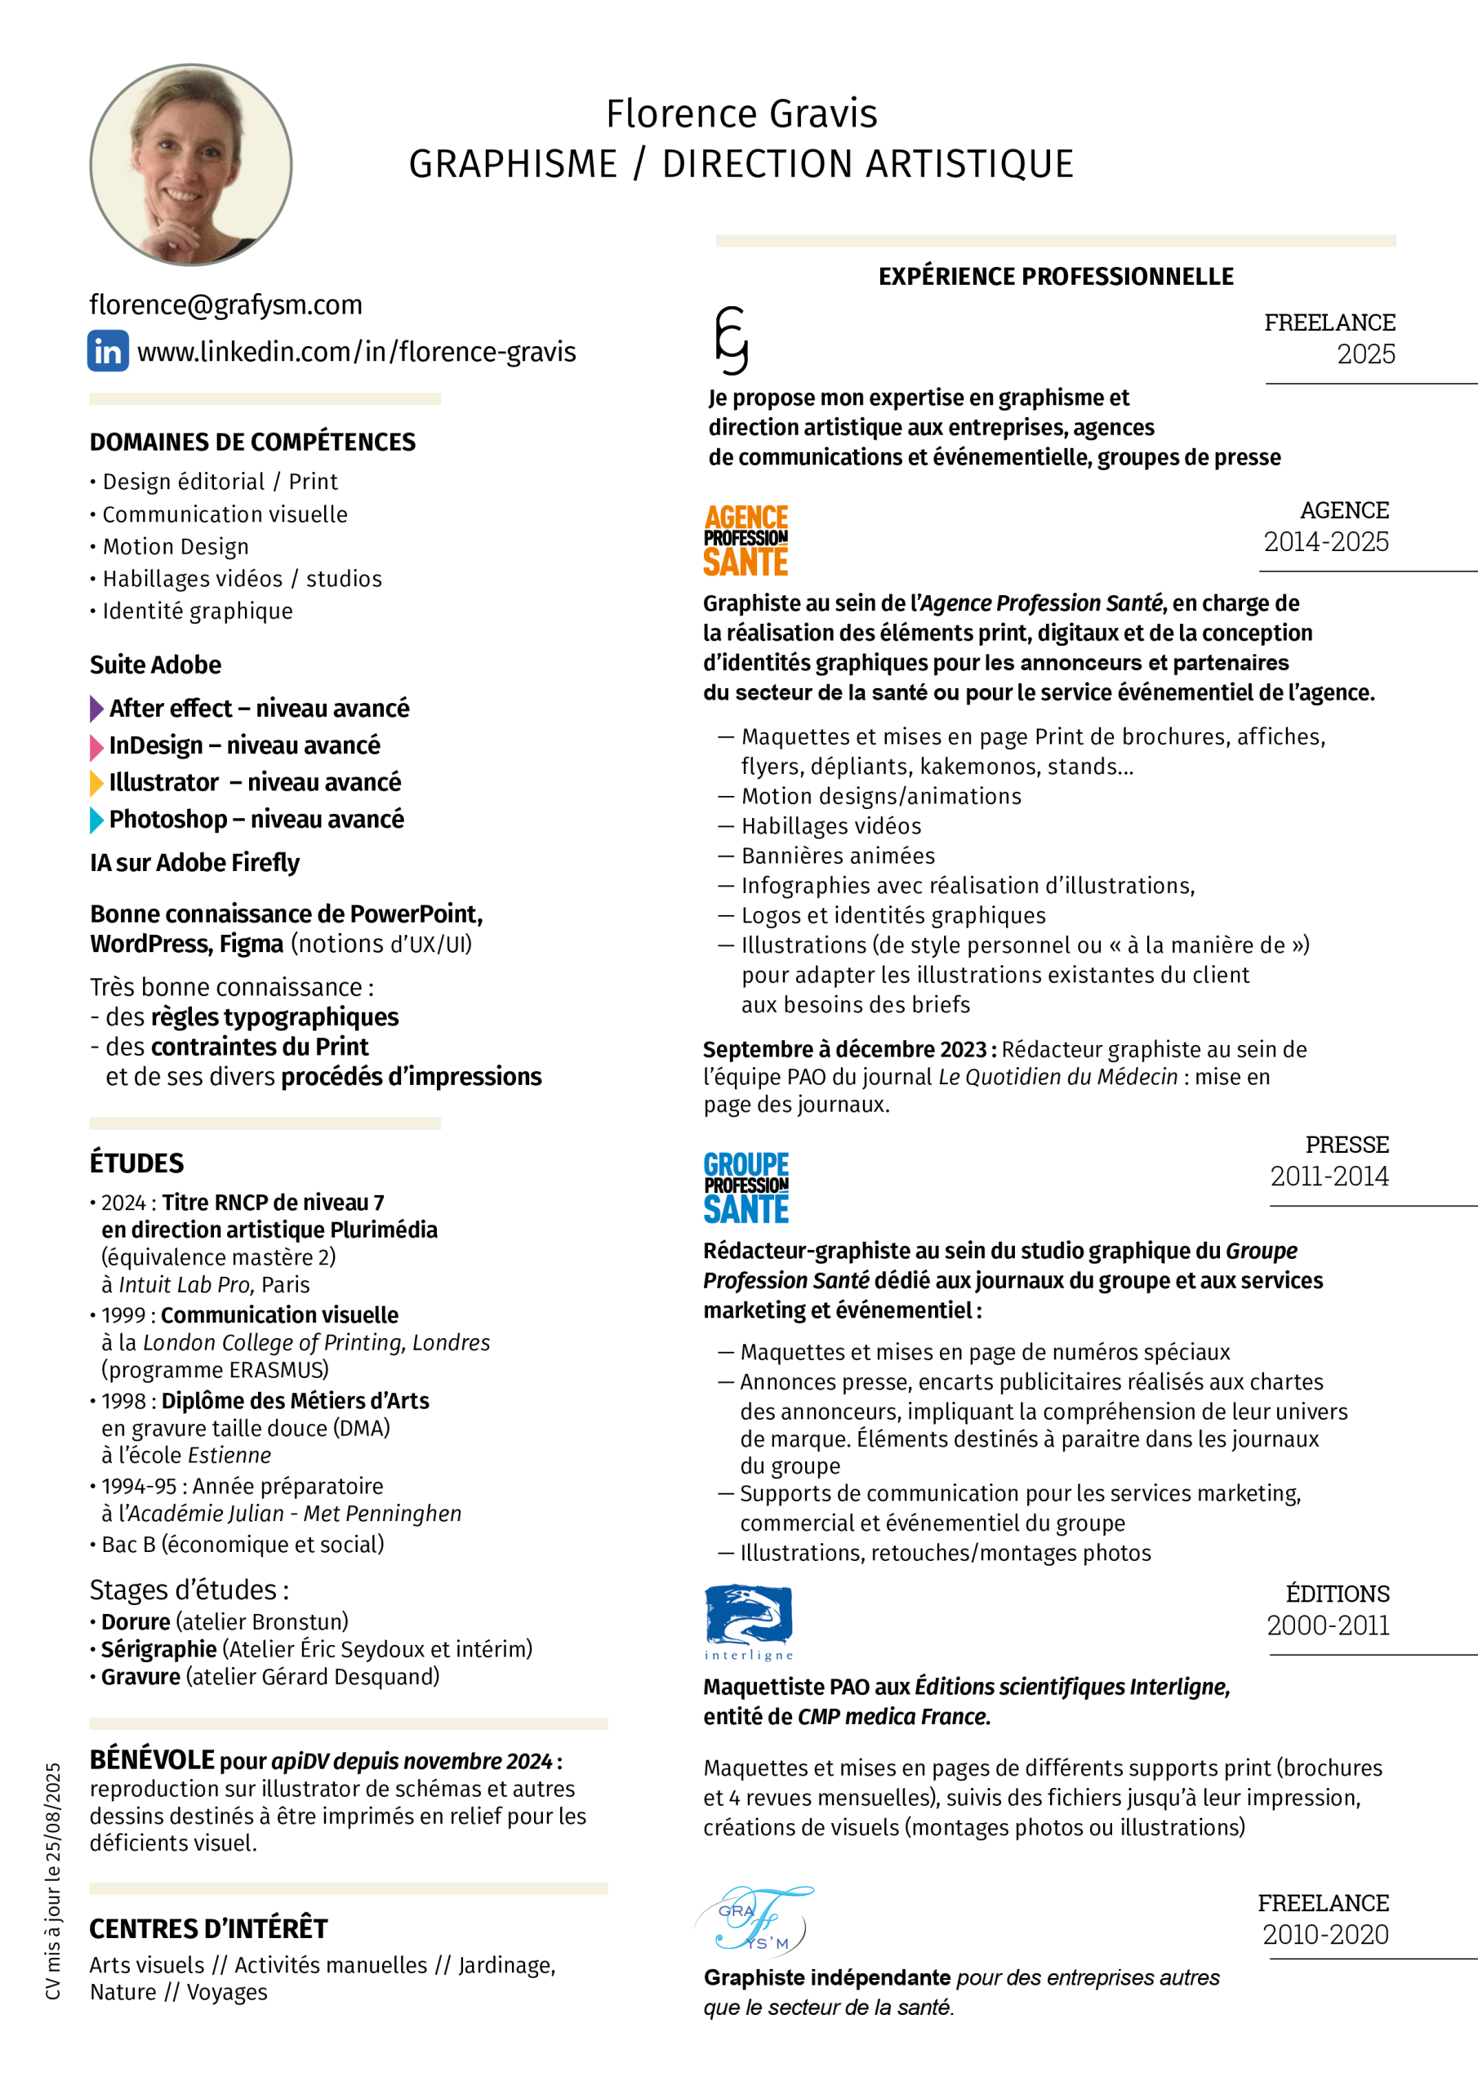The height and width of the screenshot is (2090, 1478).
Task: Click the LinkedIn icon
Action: pyautogui.click(x=108, y=351)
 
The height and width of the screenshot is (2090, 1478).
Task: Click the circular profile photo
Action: pyautogui.click(x=190, y=165)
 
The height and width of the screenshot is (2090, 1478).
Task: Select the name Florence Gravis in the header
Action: pyautogui.click(x=741, y=113)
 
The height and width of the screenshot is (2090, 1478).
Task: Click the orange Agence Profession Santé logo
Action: pyautogui.click(x=746, y=540)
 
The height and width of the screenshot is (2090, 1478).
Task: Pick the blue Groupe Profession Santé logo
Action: pyautogui.click(x=746, y=1187)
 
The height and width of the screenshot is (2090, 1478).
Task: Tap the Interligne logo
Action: pyautogui.click(x=749, y=1623)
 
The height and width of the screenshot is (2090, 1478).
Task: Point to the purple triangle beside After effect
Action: pyautogui.click(x=96, y=708)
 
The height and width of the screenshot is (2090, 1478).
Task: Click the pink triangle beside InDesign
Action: pyautogui.click(x=96, y=746)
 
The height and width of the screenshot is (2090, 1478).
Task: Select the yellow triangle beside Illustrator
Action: pyautogui.click(x=96, y=783)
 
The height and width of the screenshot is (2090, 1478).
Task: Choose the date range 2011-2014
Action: pyautogui.click(x=1329, y=1176)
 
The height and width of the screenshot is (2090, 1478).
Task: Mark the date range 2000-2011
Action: pyautogui.click(x=1328, y=1625)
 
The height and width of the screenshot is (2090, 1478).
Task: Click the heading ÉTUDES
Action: pyautogui.click(x=136, y=1163)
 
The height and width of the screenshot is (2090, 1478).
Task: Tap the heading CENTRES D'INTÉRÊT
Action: pyautogui.click(x=208, y=1929)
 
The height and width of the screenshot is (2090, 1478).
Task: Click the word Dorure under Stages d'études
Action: pyautogui.click(x=136, y=1622)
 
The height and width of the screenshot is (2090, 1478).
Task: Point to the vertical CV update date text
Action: pyautogui.click(x=53, y=1882)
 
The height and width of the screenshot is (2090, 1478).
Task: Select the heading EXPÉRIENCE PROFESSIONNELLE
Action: pyautogui.click(x=1056, y=277)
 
